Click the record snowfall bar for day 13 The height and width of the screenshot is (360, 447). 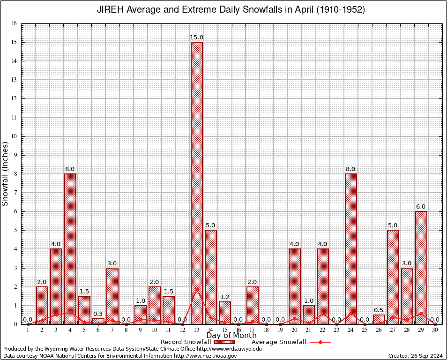[x=196, y=183]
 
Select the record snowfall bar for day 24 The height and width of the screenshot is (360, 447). [x=350, y=248]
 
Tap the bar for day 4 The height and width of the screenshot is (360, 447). [x=70, y=248]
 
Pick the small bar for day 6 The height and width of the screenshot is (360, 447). [x=98, y=321]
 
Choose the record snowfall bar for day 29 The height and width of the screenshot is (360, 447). [x=421, y=267]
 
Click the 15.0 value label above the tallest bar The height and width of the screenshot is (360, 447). [x=196, y=37]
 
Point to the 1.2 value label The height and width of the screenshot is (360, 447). [x=224, y=297]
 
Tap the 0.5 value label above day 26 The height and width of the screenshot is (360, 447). [x=379, y=310]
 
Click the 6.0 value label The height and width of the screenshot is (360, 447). [x=421, y=207]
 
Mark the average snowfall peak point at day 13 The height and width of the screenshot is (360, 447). [x=196, y=289]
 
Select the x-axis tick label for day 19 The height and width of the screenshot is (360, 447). [x=280, y=330]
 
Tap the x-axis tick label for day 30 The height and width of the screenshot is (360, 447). [x=435, y=330]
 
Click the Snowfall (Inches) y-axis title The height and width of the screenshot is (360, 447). [x=6, y=174]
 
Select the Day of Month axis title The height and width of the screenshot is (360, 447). [x=231, y=336]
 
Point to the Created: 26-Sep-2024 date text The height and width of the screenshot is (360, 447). [x=415, y=356]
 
